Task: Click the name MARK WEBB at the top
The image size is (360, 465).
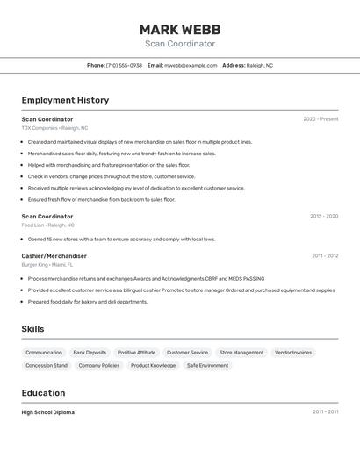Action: click(x=179, y=29)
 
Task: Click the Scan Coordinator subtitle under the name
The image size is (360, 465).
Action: click(x=179, y=44)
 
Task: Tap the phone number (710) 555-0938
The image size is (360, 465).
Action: click(x=124, y=65)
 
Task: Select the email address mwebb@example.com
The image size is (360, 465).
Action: click(x=191, y=65)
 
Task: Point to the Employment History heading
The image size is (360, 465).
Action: click(x=65, y=100)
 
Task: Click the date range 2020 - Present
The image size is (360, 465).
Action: click(x=320, y=118)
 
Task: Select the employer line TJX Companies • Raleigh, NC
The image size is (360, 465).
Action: click(x=54, y=128)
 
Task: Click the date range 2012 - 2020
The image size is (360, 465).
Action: click(x=323, y=216)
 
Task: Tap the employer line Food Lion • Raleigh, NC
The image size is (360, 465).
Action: click(x=47, y=225)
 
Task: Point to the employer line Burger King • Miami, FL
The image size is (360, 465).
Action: click(x=47, y=264)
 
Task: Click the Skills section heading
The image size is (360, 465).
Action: click(x=32, y=329)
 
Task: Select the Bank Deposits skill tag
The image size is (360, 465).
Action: click(x=90, y=353)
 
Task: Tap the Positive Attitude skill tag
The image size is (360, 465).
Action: click(x=136, y=353)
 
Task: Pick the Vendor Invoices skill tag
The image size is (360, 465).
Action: click(x=293, y=353)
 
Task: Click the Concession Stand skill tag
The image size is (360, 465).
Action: click(x=47, y=365)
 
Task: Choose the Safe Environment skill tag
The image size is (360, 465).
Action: click(x=207, y=365)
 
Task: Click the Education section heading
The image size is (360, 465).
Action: click(x=43, y=393)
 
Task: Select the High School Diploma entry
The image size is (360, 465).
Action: click(x=47, y=412)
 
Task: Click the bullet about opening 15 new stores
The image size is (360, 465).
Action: click(x=121, y=239)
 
